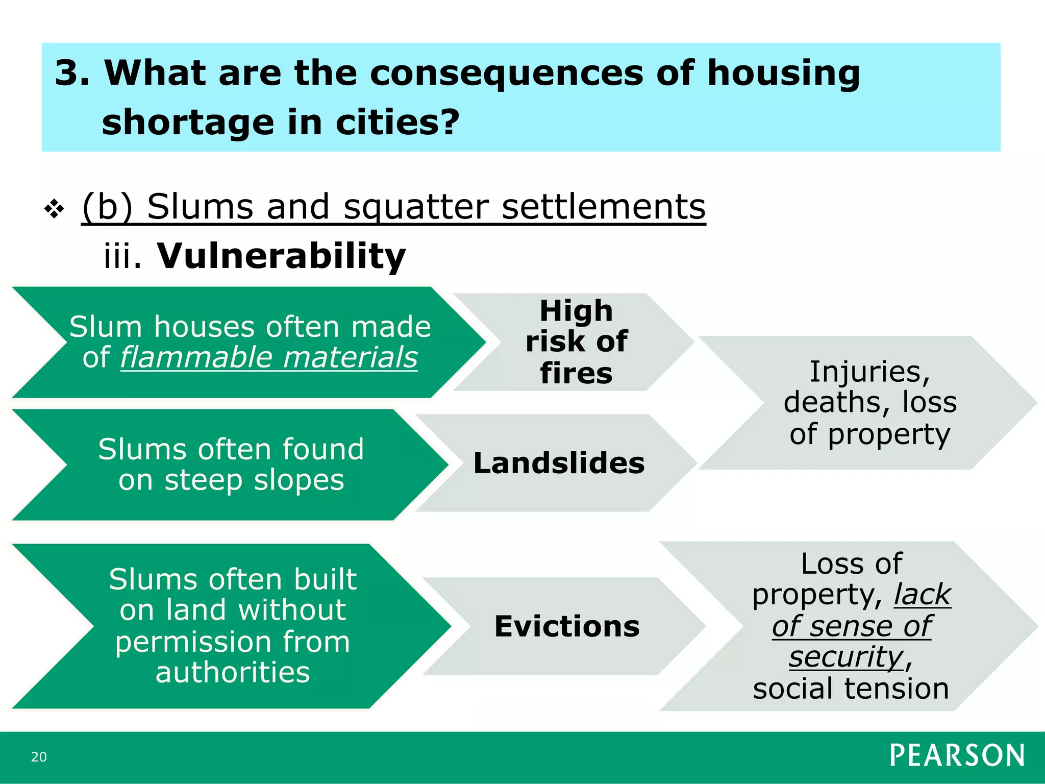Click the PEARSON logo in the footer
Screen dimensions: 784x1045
tap(957, 755)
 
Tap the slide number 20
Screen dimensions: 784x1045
tap(39, 757)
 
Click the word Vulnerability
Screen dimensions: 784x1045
tap(281, 256)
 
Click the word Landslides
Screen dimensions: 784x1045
tap(559, 463)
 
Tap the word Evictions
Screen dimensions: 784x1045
tap(567, 626)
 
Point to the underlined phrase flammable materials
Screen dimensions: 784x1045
tap(269, 357)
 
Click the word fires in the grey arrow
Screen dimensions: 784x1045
tap(576, 373)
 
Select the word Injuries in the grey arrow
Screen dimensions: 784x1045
tap(870, 372)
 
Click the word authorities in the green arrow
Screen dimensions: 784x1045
tap(233, 672)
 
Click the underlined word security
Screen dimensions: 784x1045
tap(846, 656)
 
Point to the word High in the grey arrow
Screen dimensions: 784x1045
tap(576, 310)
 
